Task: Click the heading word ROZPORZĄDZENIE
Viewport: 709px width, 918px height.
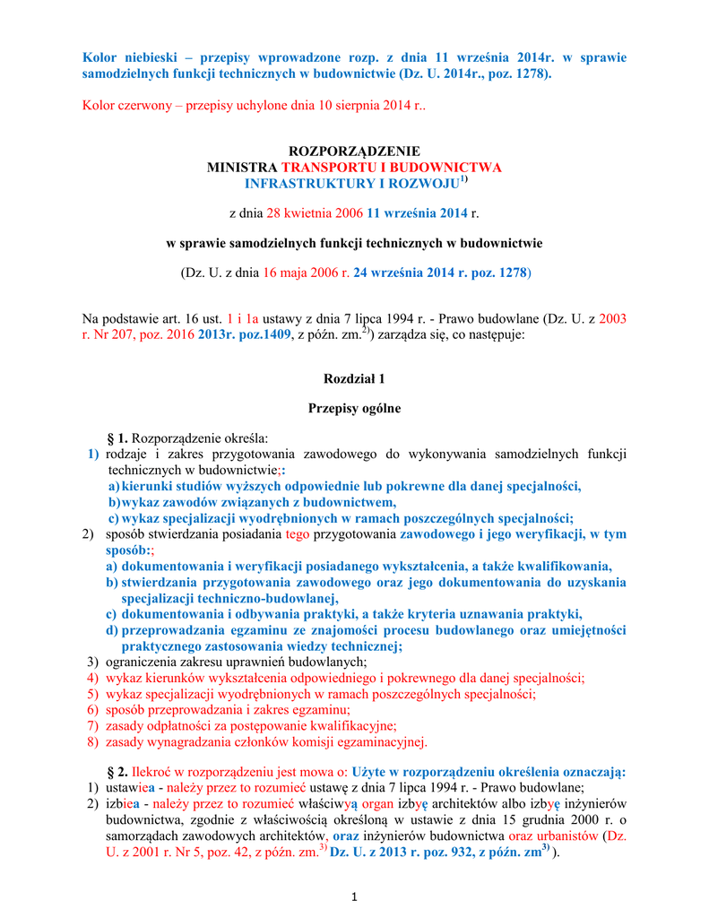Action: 353,152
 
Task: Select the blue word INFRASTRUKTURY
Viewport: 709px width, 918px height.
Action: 303,184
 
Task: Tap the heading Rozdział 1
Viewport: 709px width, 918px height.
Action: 354,378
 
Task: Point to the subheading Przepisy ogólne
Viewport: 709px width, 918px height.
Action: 354,409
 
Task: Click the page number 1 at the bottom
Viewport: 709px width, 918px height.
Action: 354,896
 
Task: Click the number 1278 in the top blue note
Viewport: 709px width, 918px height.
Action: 529,74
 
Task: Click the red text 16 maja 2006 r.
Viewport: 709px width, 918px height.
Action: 306,272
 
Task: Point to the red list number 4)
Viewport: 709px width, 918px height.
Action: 92,678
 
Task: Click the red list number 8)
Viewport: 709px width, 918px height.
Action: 92,742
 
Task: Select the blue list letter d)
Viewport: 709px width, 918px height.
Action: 112,629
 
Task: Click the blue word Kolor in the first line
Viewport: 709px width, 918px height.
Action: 99,57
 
